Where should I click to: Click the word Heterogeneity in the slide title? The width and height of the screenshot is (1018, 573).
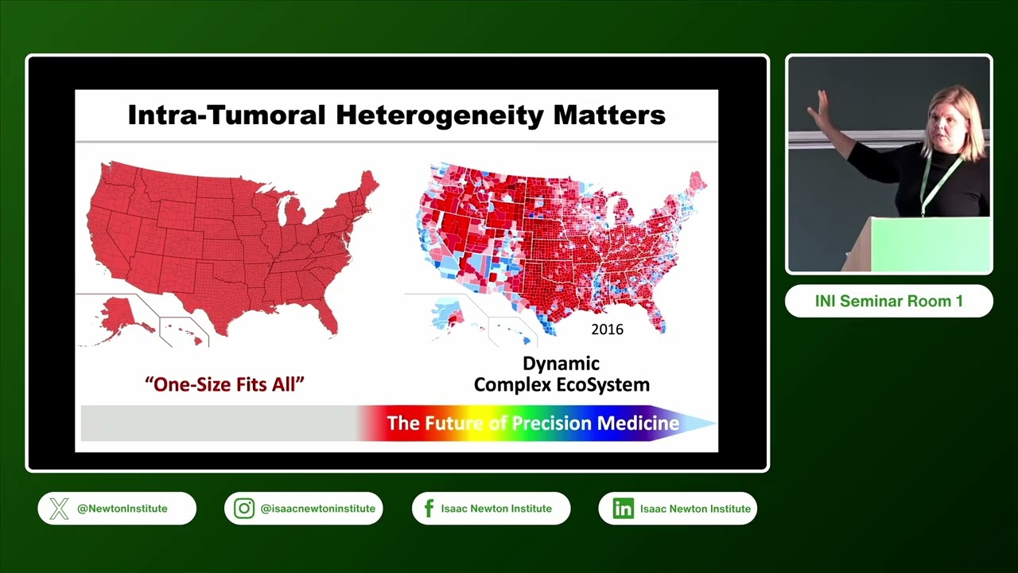440,115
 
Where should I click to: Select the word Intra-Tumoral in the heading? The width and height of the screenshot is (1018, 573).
227,115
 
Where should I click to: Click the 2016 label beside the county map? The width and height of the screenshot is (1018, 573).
607,329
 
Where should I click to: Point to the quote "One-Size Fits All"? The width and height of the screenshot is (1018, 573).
224,384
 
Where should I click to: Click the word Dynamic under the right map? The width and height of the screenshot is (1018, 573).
561,364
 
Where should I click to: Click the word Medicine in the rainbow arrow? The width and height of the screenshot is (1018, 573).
638,423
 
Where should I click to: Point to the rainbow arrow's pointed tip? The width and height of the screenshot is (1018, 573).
717,423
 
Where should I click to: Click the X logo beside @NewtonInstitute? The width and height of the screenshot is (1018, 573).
59,509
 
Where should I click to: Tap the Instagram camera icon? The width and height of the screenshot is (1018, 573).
244,509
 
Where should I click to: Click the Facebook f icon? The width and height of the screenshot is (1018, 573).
429,509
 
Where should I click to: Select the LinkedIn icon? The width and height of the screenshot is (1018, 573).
623,509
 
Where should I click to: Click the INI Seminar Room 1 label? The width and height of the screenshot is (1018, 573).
889,301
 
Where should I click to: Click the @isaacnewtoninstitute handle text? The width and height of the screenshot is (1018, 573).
317,509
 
